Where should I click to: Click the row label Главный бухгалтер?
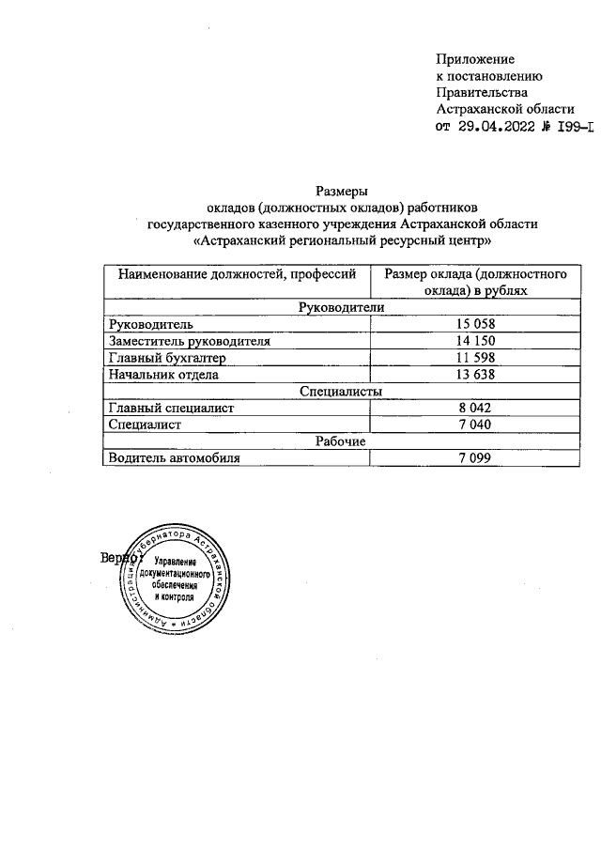(168, 358)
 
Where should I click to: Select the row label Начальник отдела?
(164, 375)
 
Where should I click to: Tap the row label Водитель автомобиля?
(175, 458)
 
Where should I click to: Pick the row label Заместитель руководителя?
(190, 341)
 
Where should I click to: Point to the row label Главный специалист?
(171, 409)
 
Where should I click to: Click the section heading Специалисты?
(340, 392)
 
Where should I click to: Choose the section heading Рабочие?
(340, 441)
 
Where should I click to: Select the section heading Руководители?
(340, 307)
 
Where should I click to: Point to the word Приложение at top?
(475, 59)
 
